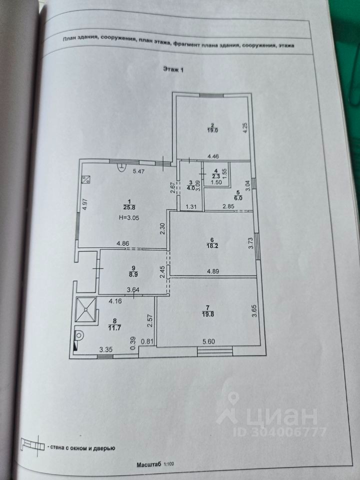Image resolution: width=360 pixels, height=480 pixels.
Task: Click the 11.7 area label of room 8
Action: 114,327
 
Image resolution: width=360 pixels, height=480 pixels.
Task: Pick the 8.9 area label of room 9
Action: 133,274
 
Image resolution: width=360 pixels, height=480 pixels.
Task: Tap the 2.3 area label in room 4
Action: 216,175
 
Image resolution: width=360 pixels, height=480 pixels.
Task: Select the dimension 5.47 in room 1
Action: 138,171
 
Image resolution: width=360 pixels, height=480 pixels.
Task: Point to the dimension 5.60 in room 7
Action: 208,341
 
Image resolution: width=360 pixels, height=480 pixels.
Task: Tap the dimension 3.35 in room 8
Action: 106,349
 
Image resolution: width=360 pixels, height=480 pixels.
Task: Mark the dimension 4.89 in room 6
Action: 213,271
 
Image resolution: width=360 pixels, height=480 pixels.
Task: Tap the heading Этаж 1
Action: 173,69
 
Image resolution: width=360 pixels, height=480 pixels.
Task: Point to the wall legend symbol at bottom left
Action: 32,444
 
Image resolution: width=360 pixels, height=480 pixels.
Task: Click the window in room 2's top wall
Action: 211,95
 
